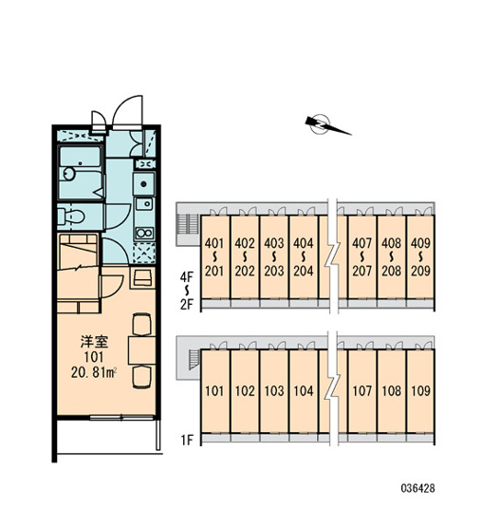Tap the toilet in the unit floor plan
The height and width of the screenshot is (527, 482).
pos(71,216)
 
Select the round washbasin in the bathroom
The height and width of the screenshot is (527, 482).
pos(69,174)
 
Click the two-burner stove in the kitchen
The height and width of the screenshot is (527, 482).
pos(144,233)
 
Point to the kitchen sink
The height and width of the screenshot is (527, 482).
pos(144,203)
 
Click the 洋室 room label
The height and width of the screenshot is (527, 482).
pos(94,342)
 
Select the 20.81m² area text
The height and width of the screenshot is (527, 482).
pos(94,372)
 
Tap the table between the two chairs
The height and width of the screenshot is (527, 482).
pos(141,349)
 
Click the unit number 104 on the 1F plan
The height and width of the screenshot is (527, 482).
pos(304,391)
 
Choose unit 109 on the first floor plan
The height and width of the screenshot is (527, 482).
pos(420,391)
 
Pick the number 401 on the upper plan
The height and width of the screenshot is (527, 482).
pos(214,243)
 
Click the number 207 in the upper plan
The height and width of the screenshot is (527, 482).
pos(362,271)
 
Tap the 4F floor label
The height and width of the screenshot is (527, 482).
pos(187,277)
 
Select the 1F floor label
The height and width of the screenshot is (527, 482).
pos(188,440)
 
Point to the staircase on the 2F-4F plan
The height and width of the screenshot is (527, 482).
pos(183,224)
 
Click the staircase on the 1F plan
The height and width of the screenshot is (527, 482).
pos(194,360)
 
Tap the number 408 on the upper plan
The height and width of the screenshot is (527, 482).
pos(391,243)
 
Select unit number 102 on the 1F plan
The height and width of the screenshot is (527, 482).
pos(245,391)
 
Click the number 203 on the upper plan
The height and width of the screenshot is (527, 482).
pos(274,271)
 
